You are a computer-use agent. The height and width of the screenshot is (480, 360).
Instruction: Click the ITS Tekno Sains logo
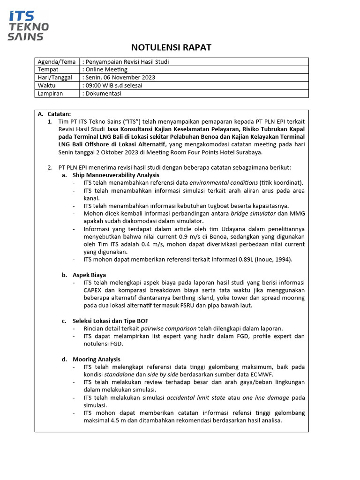click(x=28, y=26)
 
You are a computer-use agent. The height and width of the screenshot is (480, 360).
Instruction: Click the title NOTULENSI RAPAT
click(x=171, y=47)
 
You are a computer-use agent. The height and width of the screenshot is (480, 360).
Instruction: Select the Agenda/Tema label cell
click(x=57, y=62)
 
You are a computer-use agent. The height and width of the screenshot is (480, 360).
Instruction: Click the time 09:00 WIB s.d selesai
click(x=113, y=86)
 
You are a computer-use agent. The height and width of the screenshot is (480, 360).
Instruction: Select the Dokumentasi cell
click(x=103, y=94)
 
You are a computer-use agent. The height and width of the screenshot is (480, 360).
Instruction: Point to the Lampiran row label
click(x=50, y=94)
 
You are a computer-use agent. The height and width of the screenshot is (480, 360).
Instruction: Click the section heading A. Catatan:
click(x=54, y=114)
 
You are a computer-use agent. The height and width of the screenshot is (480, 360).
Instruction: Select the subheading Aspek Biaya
click(x=89, y=275)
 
